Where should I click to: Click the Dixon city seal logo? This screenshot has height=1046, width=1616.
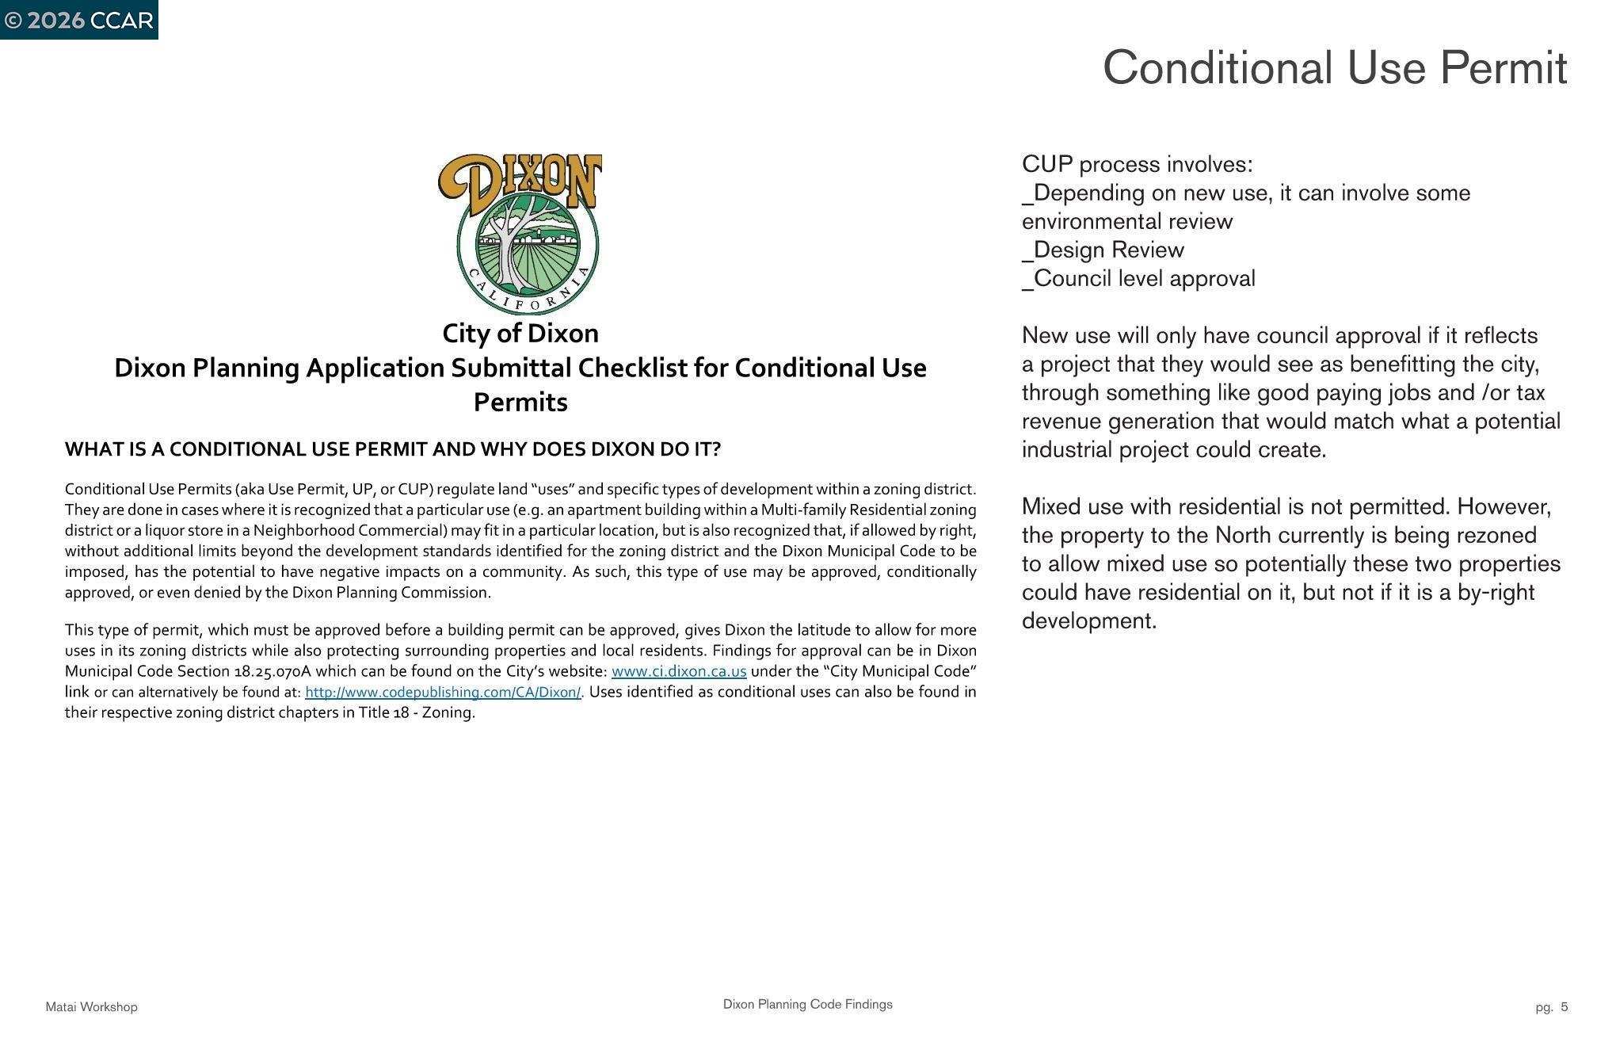pos(520,234)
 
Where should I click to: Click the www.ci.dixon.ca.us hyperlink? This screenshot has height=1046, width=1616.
pos(679,671)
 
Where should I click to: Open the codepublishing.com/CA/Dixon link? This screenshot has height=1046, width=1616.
pos(443,692)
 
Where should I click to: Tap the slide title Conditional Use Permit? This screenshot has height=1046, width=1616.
pos(1335,68)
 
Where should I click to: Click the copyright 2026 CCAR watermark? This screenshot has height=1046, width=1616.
pos(78,20)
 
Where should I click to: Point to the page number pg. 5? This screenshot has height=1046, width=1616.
pos(1551,1007)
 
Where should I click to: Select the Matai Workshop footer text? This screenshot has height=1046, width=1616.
pos(91,1007)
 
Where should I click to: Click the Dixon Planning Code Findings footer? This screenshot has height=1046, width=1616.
pos(807,1004)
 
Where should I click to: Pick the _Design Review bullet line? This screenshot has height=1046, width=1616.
pos(1103,250)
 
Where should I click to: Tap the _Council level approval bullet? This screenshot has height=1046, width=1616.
pos(1138,278)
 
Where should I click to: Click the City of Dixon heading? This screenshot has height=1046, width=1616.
pos(520,334)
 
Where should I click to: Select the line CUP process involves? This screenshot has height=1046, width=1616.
pos(1137,164)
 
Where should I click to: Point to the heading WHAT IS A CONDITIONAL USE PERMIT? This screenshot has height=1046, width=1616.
pos(392,449)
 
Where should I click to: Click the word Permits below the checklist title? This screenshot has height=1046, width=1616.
pos(520,403)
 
